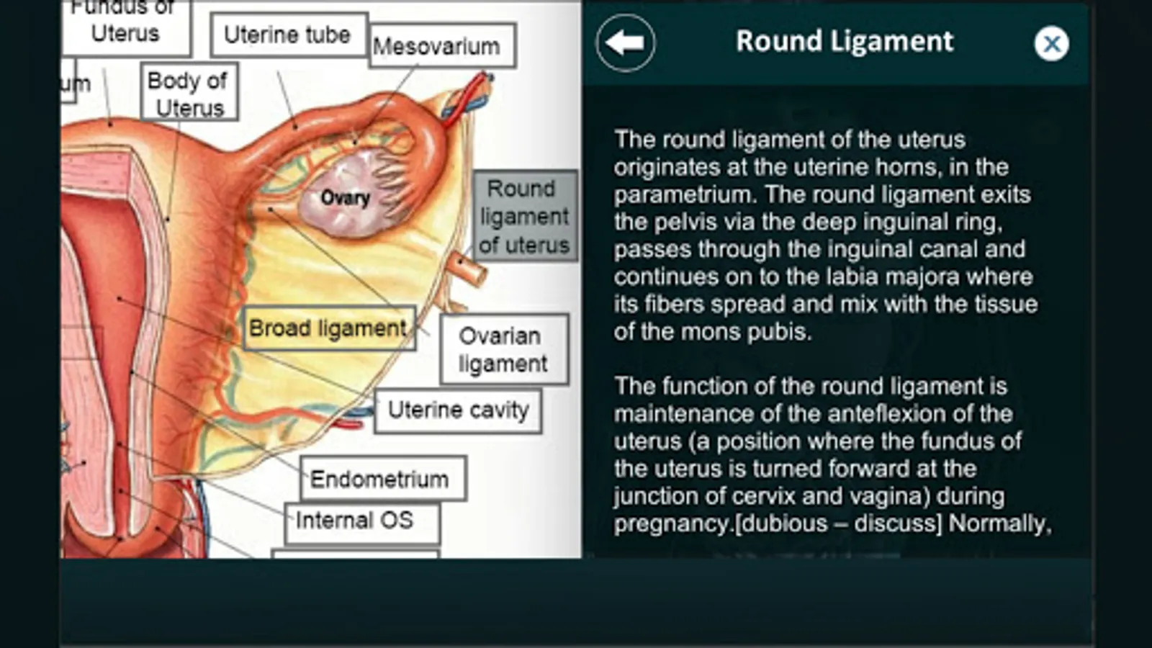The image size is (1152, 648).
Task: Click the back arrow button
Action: (625, 42)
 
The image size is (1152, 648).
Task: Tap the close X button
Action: (1051, 44)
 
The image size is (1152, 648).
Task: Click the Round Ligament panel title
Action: (844, 42)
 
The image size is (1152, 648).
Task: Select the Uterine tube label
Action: (287, 35)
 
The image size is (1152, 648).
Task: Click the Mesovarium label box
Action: (441, 47)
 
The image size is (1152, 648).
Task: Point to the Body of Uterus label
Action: (189, 94)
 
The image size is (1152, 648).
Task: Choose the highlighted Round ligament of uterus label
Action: (525, 216)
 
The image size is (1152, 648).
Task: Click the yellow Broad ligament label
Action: (328, 328)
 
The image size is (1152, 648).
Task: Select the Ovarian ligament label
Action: (503, 349)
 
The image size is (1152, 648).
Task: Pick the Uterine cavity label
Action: (458, 410)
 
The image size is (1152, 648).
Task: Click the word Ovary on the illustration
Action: (345, 198)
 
